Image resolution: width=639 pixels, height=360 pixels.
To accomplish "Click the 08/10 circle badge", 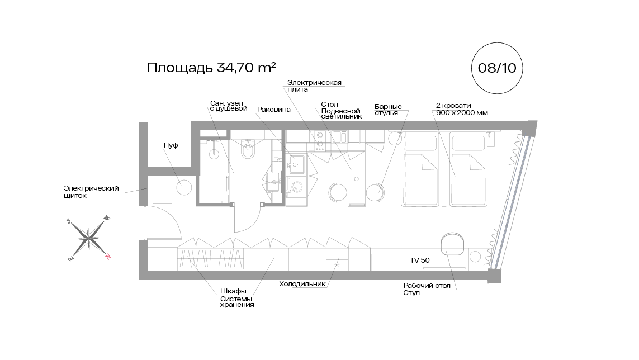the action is [497, 68].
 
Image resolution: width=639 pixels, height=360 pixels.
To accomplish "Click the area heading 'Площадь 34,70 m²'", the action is [211, 67].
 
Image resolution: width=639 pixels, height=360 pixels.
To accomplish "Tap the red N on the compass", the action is [108, 257].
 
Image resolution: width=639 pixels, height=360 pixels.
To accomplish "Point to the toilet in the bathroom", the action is [248, 149].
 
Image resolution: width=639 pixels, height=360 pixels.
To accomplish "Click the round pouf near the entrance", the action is [184, 187].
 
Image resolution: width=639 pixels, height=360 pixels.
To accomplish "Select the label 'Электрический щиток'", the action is [91, 192].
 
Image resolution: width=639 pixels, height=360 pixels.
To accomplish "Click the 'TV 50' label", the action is [420, 260].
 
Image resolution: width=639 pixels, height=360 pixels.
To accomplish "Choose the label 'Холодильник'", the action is [302, 284].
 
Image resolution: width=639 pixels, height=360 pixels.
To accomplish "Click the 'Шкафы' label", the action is [233, 291].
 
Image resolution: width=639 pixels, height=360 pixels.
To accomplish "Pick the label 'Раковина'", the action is [274, 109].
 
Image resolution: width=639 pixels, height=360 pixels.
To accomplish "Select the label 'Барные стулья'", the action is [388, 110].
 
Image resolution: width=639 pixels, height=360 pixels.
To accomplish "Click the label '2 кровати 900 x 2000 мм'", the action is [462, 109].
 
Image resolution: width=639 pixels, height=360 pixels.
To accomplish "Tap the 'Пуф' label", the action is [171, 145].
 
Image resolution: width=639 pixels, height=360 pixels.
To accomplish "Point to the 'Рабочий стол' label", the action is [427, 286].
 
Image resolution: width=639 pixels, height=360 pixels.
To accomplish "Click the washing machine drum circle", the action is [296, 187].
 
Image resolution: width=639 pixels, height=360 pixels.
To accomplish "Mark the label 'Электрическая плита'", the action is [314, 86].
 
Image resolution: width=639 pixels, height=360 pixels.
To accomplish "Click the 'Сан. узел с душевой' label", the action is [229, 106].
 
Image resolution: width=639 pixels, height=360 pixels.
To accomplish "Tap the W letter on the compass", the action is [107, 218].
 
